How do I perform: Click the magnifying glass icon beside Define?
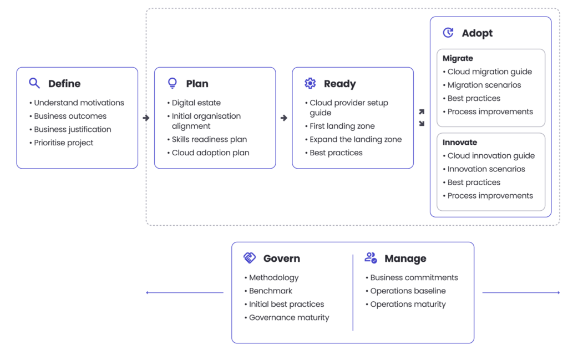point(34,84)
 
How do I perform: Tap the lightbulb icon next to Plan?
point(173,84)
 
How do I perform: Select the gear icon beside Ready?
point(310,84)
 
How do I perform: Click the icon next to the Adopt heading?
point(448,33)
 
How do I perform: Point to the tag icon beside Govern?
point(250,258)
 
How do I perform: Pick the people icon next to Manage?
point(371,258)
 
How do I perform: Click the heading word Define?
point(64,84)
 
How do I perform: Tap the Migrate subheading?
point(458,58)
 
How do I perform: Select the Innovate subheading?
point(460,143)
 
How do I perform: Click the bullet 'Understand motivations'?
point(79,103)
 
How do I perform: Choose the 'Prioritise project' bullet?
point(64,143)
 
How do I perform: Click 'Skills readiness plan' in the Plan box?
point(209,139)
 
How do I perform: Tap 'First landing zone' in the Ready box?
point(342,126)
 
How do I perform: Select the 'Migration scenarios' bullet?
point(484,85)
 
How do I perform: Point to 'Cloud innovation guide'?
point(491,156)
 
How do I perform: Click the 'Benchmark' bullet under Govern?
point(271,291)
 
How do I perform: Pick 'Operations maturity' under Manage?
point(408,304)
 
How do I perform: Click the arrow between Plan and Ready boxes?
point(284,118)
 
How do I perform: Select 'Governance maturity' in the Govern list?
point(289,318)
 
